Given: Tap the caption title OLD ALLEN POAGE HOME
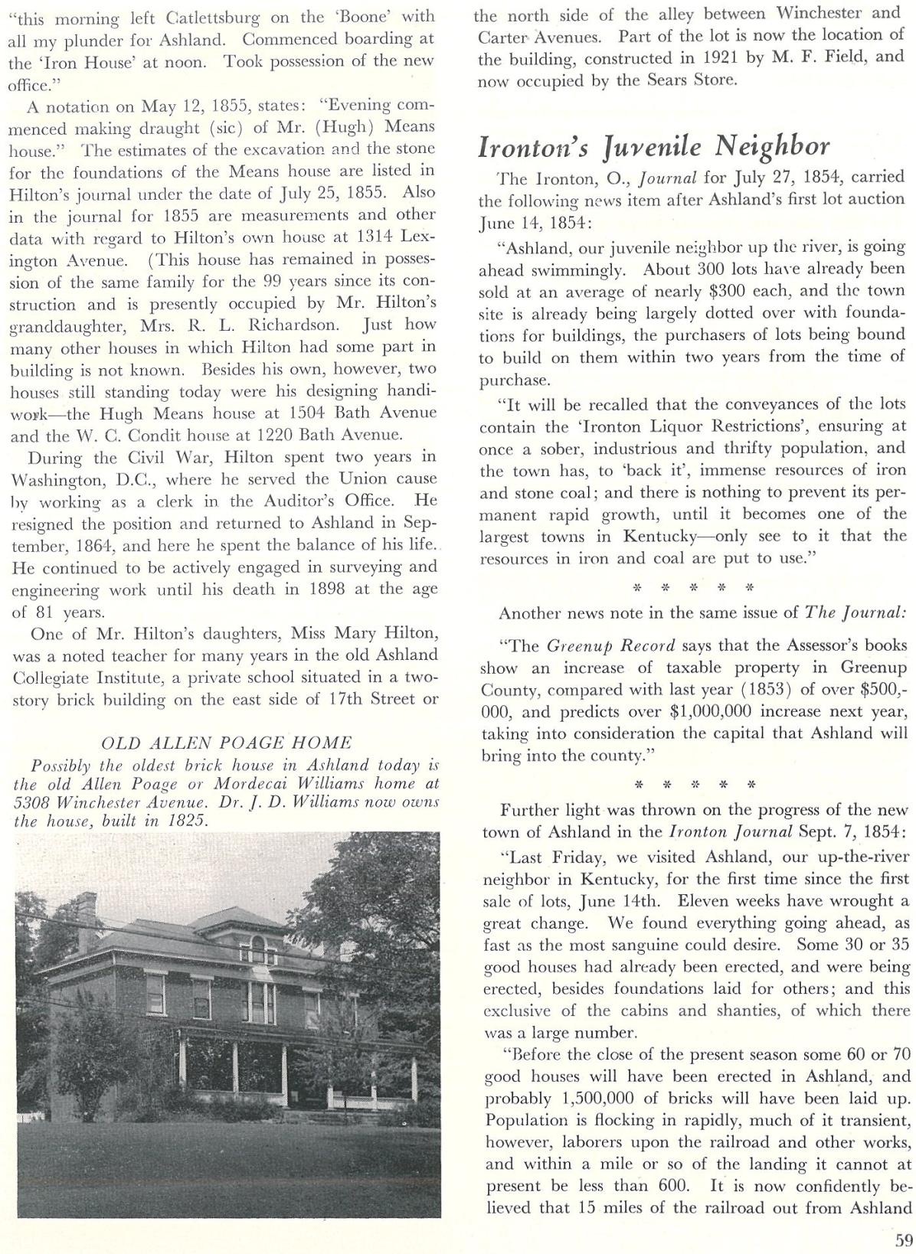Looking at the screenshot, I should (x=227, y=742).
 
